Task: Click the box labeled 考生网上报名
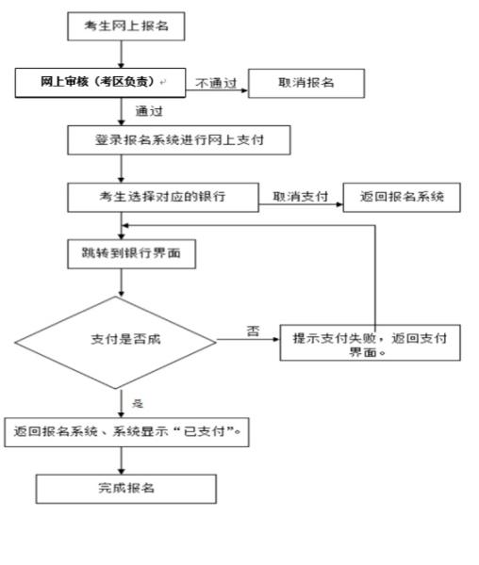coord(126,26)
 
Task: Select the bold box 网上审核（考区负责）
coord(100,83)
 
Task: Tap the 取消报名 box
coord(306,83)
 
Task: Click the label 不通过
coord(216,83)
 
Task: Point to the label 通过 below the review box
coord(149,111)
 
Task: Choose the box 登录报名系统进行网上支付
coord(179,140)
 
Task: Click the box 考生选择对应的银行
coord(163,197)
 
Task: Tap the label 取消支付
coord(300,197)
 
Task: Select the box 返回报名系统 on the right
coord(402,197)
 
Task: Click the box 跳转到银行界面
coord(132,253)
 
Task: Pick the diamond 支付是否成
coord(115,343)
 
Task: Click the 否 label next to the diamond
coord(253,331)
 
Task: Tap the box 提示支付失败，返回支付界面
coord(370,343)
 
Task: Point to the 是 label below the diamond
coord(138,403)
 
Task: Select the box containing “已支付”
coord(126,432)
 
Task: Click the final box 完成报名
coord(126,489)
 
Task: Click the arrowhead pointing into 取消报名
coord(244,90)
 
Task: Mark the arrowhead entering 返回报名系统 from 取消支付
coord(339,204)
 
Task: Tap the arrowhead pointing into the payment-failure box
coord(276,339)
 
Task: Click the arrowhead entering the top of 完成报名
coord(122,471)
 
